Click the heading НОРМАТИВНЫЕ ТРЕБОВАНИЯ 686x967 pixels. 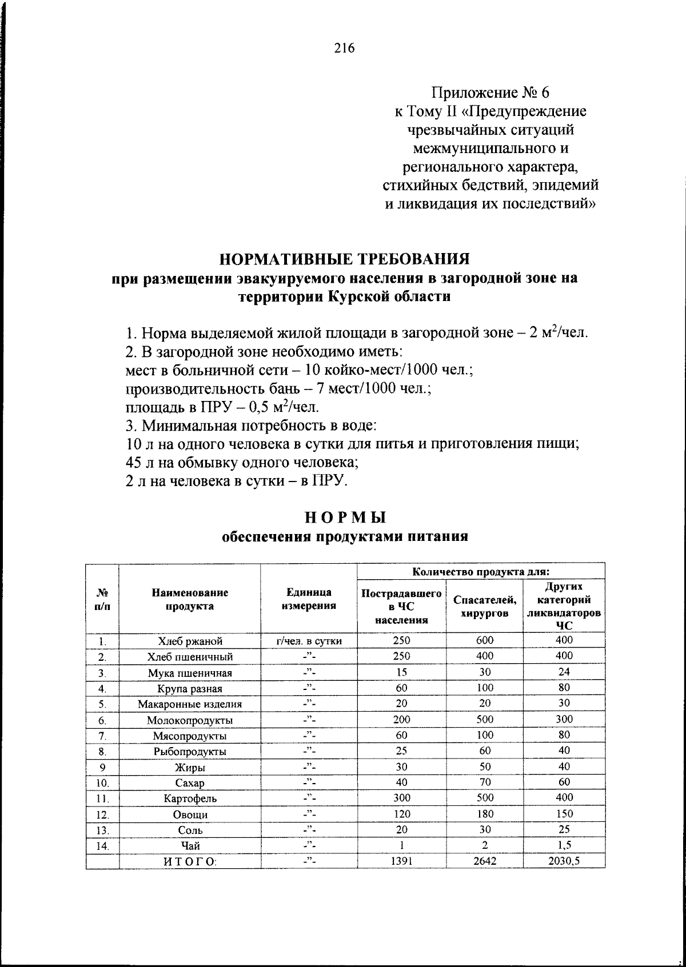(345, 259)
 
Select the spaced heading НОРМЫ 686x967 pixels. (345, 517)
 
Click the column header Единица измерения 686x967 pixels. (309, 599)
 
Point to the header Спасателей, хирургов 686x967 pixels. (485, 606)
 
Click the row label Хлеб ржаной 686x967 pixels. (190, 641)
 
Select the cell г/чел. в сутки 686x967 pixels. (309, 641)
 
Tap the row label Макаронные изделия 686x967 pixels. (190, 704)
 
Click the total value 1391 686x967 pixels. (401, 861)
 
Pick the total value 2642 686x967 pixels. (485, 861)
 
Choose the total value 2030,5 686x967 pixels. (564, 861)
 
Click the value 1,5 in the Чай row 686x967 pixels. (564, 845)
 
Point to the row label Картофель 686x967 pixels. (190, 799)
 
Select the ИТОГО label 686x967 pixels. (190, 861)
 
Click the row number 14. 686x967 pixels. (102, 846)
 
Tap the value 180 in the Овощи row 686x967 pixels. (485, 814)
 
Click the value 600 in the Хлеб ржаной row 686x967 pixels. (485, 640)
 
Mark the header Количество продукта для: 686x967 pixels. (481, 571)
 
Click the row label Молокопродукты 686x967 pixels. (190, 720)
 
